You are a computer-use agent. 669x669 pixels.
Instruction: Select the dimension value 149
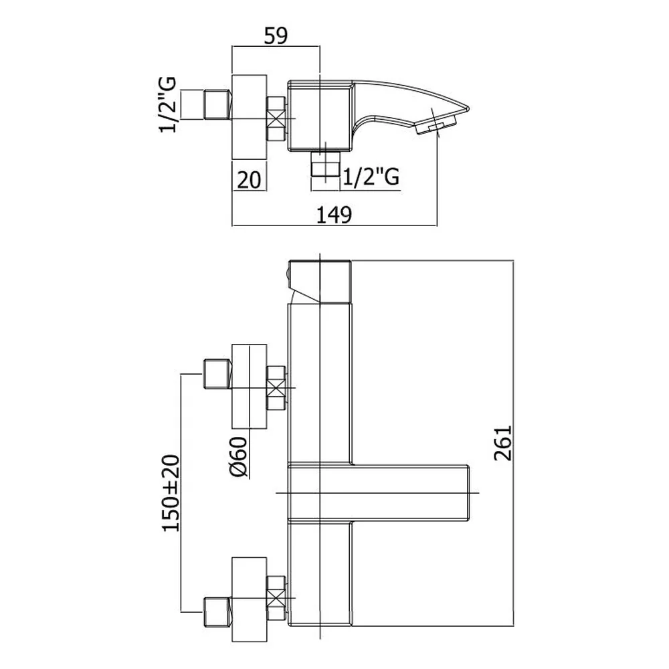pyautogui.click(x=334, y=215)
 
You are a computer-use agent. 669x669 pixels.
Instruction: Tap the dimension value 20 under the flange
pyautogui.click(x=249, y=179)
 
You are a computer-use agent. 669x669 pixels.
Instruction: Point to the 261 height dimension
pyautogui.click(x=502, y=443)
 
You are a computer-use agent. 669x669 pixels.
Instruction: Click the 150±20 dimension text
pyautogui.click(x=171, y=493)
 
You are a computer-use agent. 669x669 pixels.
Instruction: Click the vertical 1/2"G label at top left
pyautogui.click(x=168, y=104)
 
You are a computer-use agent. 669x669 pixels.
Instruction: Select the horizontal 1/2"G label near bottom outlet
pyautogui.click(x=371, y=176)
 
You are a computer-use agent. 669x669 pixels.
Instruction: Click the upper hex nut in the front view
pyautogui.click(x=276, y=388)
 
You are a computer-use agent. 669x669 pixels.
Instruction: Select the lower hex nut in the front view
pyautogui.click(x=276, y=599)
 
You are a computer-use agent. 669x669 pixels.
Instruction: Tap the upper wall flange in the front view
pyautogui.click(x=249, y=387)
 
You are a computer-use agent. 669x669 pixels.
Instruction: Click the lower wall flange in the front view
pyautogui.click(x=249, y=599)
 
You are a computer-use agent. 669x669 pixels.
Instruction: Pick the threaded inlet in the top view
pyautogui.click(x=217, y=104)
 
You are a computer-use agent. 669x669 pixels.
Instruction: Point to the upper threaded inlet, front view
pyautogui.click(x=217, y=374)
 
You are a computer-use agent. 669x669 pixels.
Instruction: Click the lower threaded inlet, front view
pyautogui.click(x=217, y=612)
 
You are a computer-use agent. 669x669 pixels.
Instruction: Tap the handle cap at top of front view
pyautogui.click(x=319, y=282)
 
